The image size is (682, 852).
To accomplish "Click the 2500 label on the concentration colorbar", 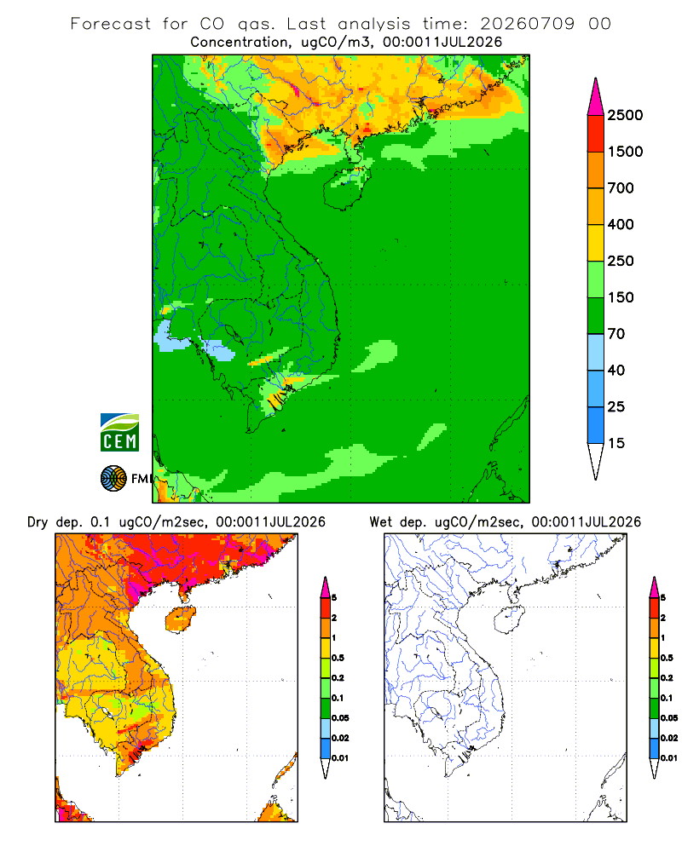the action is point(625,115).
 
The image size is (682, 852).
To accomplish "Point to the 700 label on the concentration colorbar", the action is point(621,188).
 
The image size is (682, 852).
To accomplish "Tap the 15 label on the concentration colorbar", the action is point(616,443).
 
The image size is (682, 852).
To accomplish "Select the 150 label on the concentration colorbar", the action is point(621,297).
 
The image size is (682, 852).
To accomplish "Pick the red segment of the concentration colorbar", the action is point(596,134).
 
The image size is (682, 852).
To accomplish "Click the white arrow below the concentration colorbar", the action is point(596,461).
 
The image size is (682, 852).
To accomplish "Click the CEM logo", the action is point(119,433).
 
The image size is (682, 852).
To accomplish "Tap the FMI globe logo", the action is point(113,479).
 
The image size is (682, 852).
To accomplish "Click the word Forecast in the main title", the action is point(111,24).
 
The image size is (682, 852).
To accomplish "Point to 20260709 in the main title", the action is point(527,24).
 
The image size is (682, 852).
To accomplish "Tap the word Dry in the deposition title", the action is point(38,522).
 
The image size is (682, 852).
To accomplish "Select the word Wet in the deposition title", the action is point(381,522).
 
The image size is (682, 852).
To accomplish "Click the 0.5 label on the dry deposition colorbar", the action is point(338,658).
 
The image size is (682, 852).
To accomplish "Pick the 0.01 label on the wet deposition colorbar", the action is point(669,758).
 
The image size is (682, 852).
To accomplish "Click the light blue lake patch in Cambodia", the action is point(218,350).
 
